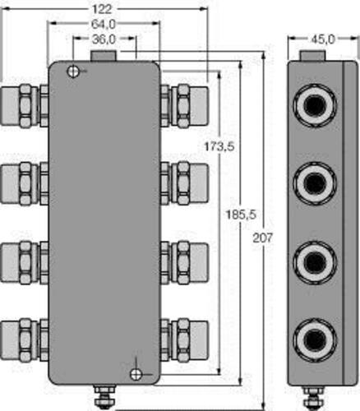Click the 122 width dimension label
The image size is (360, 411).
pos(102,10)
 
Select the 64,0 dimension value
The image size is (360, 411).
pos(104,25)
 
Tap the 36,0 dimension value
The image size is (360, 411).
pos(104,39)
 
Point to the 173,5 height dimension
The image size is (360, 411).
pos(219,146)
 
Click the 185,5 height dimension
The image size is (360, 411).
pos(241,215)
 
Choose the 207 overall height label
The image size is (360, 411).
pos(263,238)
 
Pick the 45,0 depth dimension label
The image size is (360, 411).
pos(323,39)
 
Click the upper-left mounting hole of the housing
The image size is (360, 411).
pos(73,72)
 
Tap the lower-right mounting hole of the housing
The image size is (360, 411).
pos(136,374)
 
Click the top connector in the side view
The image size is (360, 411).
pos(315,105)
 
